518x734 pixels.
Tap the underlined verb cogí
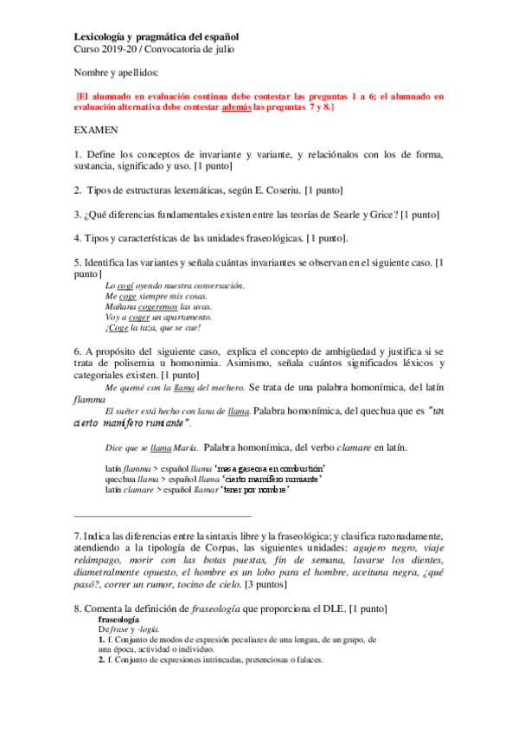click(x=125, y=285)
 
